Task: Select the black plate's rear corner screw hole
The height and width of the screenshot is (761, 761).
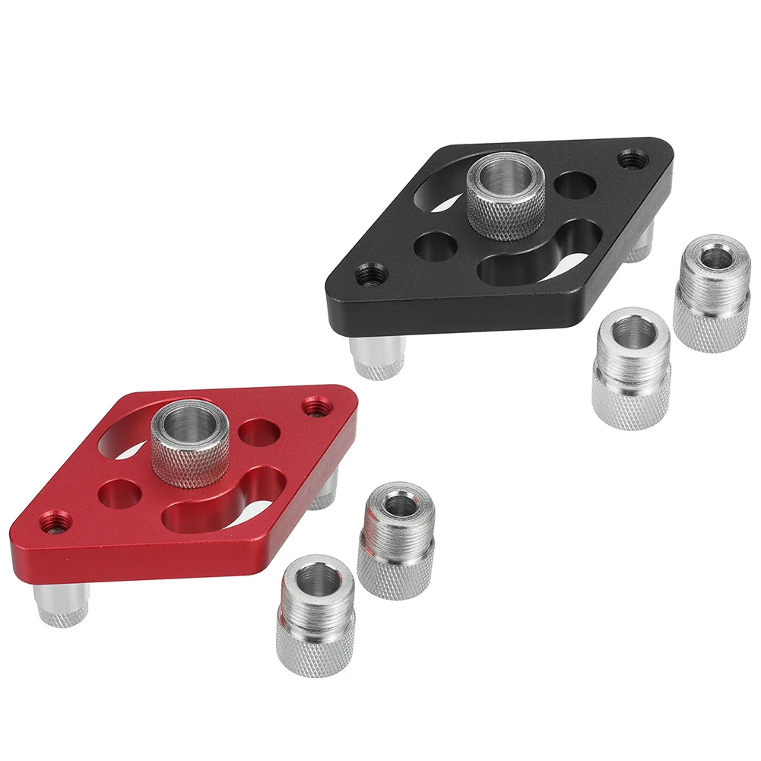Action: click(x=630, y=160)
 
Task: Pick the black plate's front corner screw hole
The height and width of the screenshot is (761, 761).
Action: click(x=370, y=273)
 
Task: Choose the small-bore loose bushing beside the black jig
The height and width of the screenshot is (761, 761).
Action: click(x=712, y=292)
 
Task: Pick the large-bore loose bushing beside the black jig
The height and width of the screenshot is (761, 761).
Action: click(x=631, y=368)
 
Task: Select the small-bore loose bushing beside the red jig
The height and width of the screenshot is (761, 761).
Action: click(x=396, y=539)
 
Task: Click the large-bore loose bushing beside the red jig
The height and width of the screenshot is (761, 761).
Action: click(x=315, y=615)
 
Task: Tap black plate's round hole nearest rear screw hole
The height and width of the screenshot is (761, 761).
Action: click(x=576, y=185)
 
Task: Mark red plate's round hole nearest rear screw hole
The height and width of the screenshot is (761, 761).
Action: click(x=259, y=433)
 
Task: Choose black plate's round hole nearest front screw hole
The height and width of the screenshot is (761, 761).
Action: click(x=433, y=246)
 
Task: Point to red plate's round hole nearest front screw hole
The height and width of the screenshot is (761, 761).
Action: click(x=122, y=493)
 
